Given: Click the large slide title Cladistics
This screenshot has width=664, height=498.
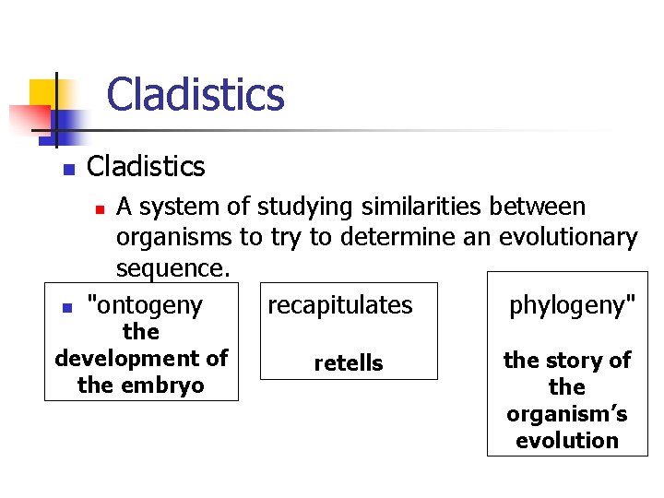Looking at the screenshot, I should click(195, 95).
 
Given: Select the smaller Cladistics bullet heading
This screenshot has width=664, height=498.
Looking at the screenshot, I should click(145, 167).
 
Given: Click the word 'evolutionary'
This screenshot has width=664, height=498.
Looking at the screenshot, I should click(568, 238).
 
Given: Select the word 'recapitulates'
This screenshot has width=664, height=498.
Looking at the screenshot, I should click(339, 305).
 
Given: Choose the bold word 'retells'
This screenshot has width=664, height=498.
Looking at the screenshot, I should click(348, 363).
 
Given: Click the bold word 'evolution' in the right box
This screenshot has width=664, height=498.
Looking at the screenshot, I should click(566, 440).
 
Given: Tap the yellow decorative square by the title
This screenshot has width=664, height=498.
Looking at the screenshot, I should click(41, 93).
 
